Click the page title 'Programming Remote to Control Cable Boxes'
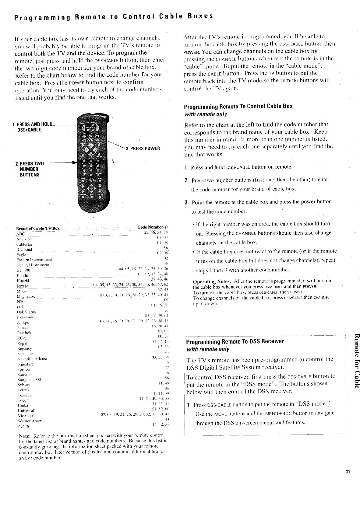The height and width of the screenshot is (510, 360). (113, 16)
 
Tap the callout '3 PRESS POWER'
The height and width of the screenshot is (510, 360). (143, 148)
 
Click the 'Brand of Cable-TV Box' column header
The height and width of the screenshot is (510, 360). (38, 229)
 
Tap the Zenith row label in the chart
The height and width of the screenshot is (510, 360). (22, 426)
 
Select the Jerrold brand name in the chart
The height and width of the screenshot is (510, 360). (23, 286)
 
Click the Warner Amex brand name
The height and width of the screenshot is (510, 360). (29, 421)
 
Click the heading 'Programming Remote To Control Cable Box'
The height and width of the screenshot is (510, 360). (238, 106)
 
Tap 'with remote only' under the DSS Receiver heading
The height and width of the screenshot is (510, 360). (208, 349)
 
